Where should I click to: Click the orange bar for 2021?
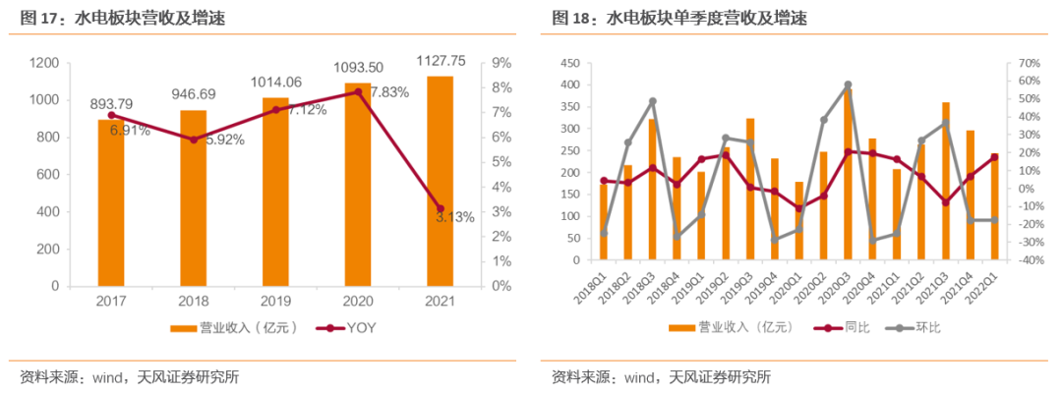440,182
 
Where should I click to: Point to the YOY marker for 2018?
194,140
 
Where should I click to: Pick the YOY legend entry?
346,328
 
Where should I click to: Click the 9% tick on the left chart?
501,63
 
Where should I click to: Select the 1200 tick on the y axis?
46,63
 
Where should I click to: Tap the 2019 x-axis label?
275,301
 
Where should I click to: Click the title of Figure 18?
679,19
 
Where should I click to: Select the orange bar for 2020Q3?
848,175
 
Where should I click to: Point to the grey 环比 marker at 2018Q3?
653,101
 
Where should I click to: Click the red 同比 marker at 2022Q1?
994,157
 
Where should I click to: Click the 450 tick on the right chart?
571,63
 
